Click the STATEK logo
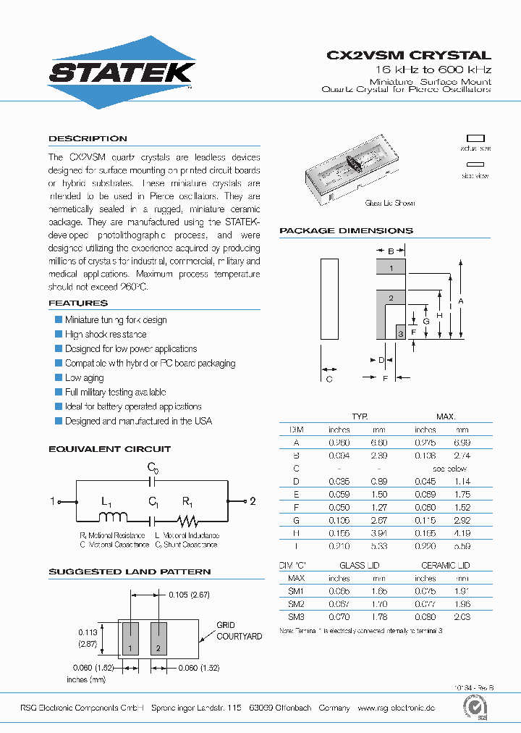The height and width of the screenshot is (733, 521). tap(122, 72)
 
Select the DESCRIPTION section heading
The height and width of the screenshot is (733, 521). tap(88, 138)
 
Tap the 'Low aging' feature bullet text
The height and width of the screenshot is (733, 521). tap(84, 378)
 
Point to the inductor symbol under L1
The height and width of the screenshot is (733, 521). tap(113, 518)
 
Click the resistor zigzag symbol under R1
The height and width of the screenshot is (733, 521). tap(187, 519)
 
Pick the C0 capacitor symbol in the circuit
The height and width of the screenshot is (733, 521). tap(153, 480)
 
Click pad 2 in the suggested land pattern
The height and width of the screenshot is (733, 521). tap(158, 637)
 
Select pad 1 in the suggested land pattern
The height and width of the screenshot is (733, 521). tap(130, 637)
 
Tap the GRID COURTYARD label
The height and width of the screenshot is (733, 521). tap(239, 631)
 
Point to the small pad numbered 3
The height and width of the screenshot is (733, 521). tap(400, 333)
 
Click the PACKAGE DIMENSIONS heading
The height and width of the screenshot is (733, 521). tap(346, 230)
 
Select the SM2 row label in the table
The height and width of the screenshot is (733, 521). tap(296, 604)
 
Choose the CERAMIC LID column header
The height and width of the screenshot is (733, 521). tap(445, 565)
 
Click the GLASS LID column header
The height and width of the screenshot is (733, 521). tap(359, 565)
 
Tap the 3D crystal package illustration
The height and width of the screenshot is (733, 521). tap(350, 171)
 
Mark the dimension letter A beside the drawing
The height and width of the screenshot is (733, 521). tap(461, 301)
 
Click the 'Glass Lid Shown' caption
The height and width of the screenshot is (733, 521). tap(389, 204)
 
